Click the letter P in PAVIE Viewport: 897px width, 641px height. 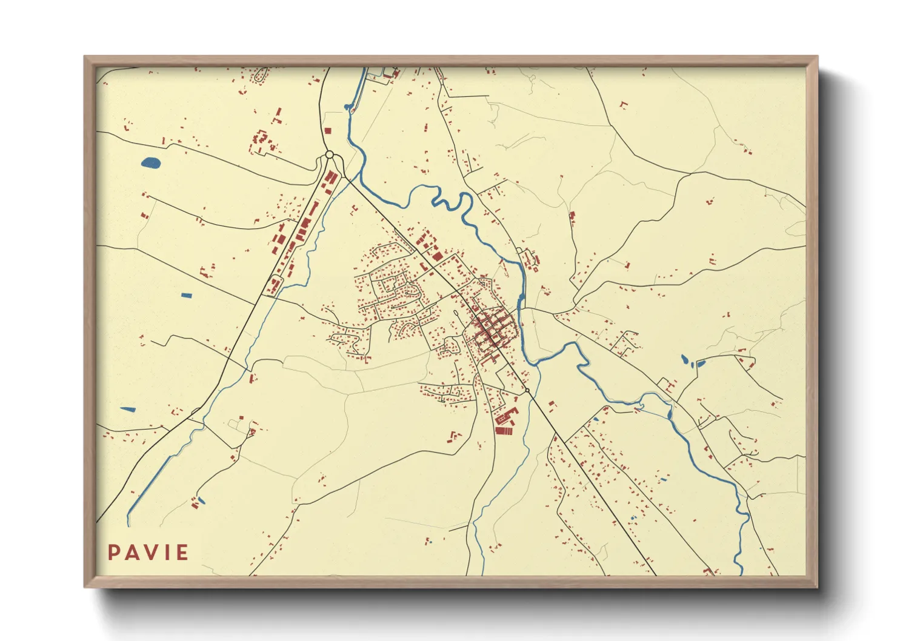click(x=113, y=553)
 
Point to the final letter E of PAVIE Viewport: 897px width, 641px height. click(x=182, y=553)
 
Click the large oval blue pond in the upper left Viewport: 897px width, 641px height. click(x=150, y=162)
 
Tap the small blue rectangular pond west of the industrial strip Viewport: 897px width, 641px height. click(x=187, y=296)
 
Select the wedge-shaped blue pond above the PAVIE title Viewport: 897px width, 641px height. click(x=128, y=410)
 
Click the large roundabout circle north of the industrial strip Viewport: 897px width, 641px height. click(x=329, y=155)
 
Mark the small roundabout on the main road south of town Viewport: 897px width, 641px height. click(x=527, y=390)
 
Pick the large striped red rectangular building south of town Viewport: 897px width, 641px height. click(x=504, y=431)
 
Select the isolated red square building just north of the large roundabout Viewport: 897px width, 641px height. click(x=327, y=130)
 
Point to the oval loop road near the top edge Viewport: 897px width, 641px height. click(x=261, y=77)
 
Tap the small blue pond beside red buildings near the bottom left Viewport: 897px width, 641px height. click(x=201, y=501)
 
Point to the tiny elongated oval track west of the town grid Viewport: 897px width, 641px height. click(x=456, y=313)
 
